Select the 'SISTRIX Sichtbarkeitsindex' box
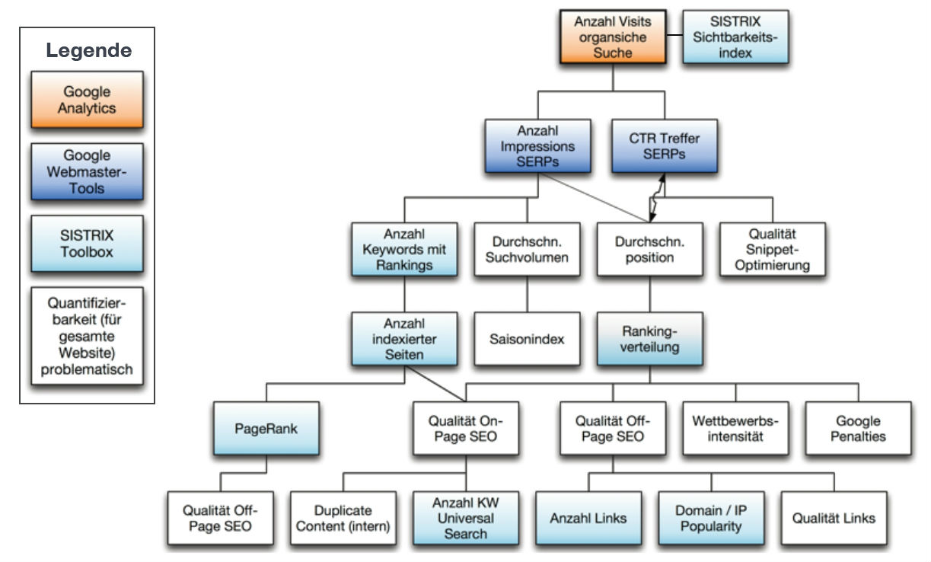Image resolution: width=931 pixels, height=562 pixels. tap(735, 36)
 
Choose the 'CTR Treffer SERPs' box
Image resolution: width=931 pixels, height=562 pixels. tap(664, 145)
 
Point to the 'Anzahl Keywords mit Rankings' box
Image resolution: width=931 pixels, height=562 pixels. tap(404, 249)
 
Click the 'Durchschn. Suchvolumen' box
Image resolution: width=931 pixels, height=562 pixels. tap(527, 249)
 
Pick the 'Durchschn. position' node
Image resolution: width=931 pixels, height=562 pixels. tap(649, 249)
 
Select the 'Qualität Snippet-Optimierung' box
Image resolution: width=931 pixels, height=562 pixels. tap(772, 249)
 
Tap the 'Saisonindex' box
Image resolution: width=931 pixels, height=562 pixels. tap(527, 338)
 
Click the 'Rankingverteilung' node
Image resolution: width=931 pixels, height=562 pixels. tap(649, 338)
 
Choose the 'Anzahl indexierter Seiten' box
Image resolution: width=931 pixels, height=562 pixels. tap(404, 338)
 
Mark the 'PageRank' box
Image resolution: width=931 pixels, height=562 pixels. tap(266, 428)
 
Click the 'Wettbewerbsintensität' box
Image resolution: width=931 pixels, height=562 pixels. tap(735, 428)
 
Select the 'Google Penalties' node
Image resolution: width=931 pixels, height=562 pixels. tap(858, 428)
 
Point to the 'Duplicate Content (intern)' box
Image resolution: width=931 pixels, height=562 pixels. tap(343, 518)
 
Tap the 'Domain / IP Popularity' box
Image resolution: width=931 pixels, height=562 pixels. tap(712, 518)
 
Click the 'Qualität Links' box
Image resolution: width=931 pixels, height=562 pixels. tap(834, 518)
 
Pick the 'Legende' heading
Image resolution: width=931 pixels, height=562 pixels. tap(88, 51)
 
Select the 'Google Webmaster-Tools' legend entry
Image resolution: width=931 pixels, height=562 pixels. tap(87, 171)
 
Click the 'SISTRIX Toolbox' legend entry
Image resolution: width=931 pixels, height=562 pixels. tap(87, 243)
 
